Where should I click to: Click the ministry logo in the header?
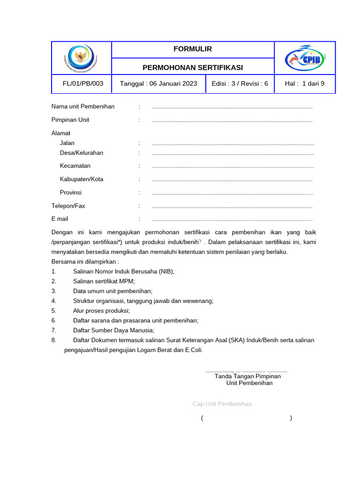81,57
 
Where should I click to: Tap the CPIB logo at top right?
305,58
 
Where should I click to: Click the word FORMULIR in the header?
193,49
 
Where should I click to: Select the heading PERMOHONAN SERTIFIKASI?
193,67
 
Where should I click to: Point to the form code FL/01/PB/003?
83,84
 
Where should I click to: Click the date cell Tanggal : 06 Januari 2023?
158,84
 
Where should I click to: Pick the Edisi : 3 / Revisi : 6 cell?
240,84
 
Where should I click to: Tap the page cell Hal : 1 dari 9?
304,84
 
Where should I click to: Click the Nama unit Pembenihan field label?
83,106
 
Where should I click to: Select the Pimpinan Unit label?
70,120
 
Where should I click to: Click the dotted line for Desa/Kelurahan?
233,153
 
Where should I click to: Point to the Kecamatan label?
75,166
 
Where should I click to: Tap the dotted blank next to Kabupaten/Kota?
232,180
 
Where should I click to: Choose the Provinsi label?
71,193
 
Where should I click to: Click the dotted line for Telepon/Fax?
232,206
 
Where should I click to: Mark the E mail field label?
60,219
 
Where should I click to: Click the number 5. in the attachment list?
54,311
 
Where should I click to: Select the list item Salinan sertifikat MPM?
104,281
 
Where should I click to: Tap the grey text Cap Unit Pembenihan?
222,404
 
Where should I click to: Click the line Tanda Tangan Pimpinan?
247,376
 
